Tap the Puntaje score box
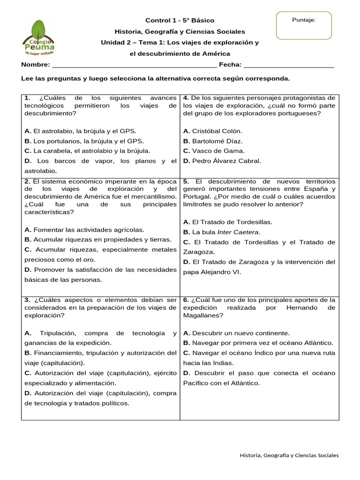click(x=304, y=25)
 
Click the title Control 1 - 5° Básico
click(x=180, y=20)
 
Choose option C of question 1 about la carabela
click(x=87, y=151)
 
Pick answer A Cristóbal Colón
click(x=213, y=131)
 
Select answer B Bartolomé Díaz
click(x=213, y=141)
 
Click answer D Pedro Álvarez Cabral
click(x=222, y=161)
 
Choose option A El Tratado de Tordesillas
click(x=228, y=222)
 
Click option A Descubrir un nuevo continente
click(x=236, y=333)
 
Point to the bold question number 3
click(x=27, y=300)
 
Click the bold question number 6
click(x=186, y=300)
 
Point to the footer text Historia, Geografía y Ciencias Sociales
click(x=289, y=455)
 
